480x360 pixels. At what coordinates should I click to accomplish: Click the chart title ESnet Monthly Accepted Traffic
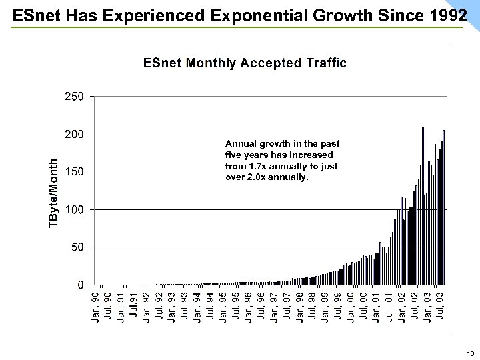pos(245,63)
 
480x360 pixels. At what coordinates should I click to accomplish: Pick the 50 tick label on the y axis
pos(76,247)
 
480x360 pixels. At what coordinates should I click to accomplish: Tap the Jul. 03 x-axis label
pos(441,305)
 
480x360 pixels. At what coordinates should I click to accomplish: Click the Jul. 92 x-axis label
pos(159,305)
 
